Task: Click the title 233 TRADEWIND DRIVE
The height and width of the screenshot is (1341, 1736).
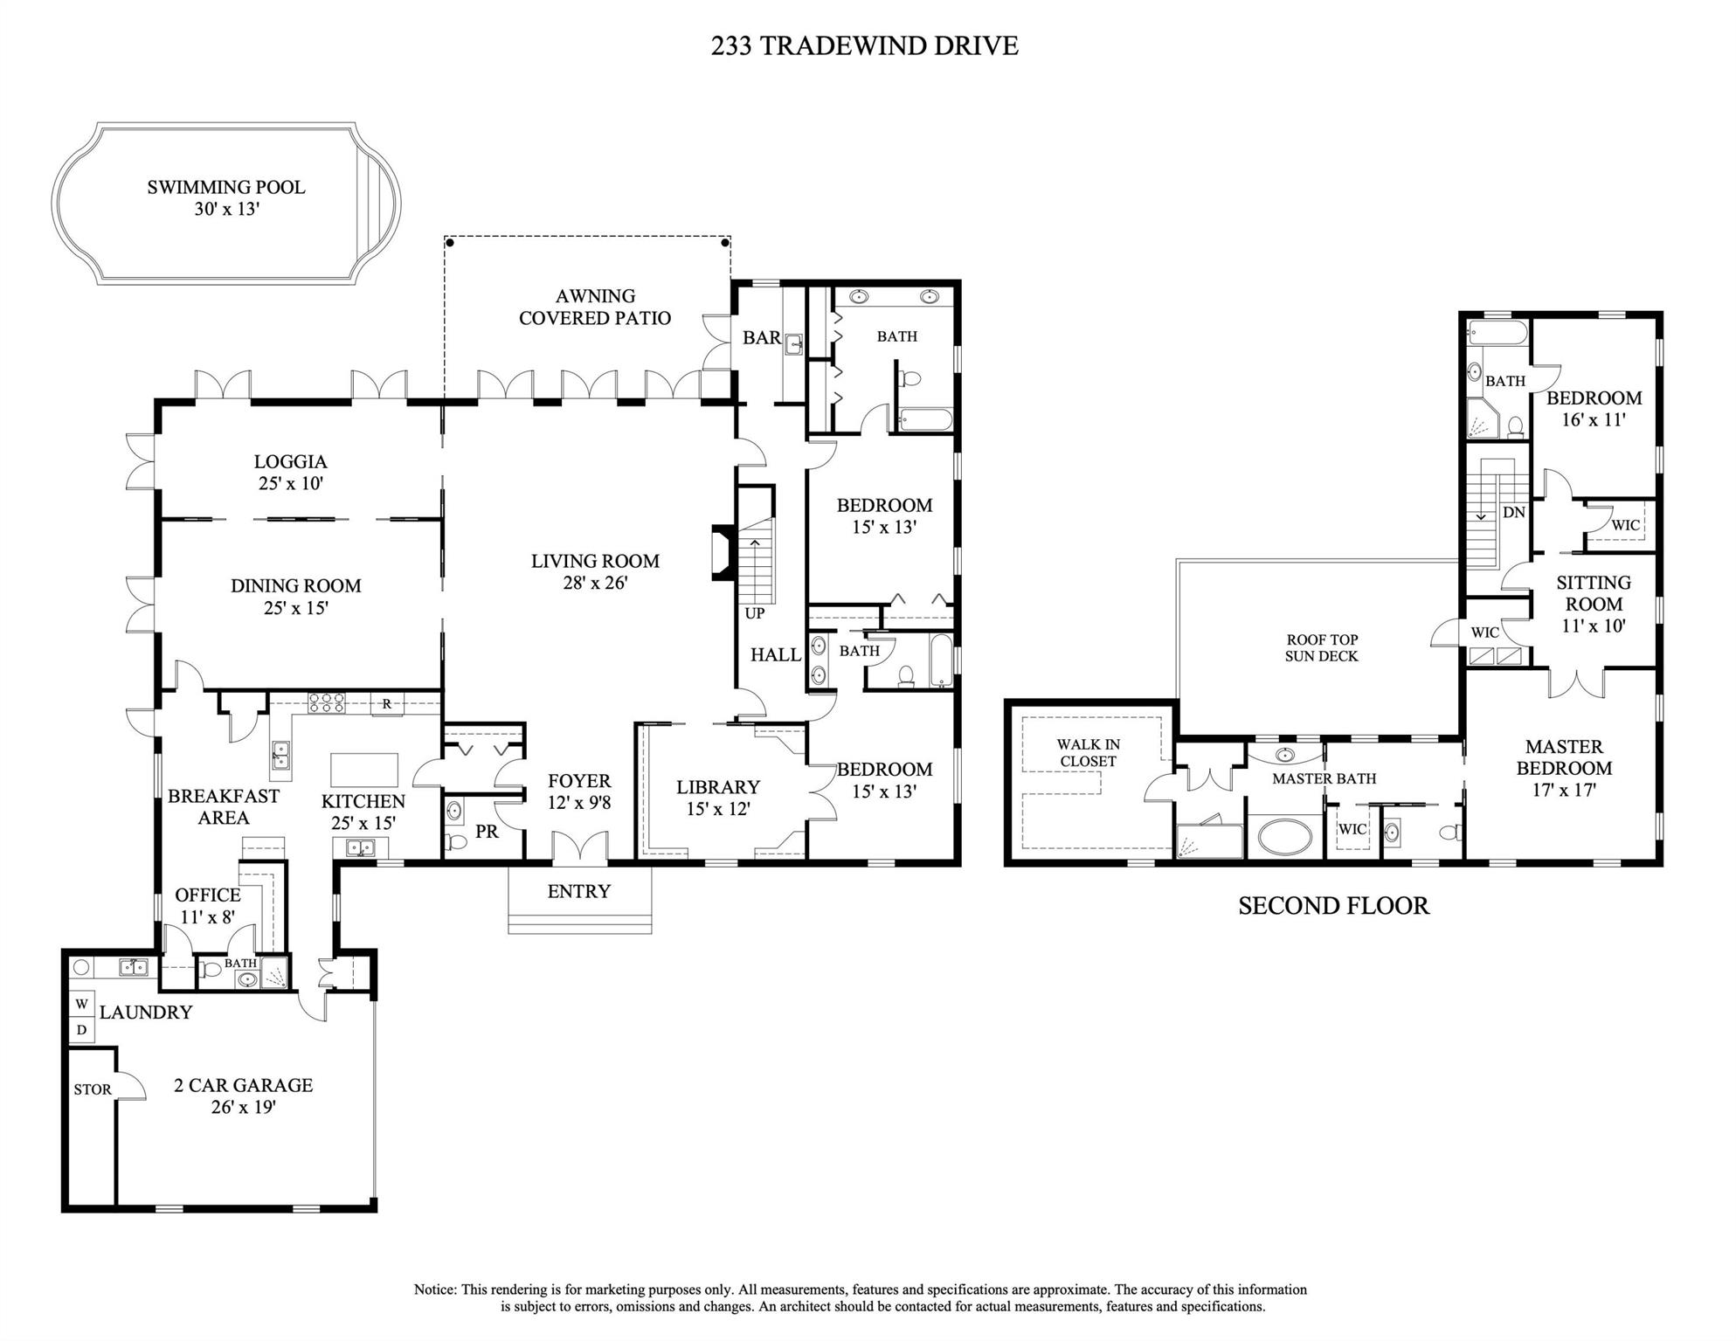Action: [864, 45]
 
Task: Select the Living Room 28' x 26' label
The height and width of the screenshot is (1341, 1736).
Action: [595, 571]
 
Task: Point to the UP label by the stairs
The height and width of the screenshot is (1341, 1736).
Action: [755, 613]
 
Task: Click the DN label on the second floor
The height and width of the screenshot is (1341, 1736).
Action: [1514, 513]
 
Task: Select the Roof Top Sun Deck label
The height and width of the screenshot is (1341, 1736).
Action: [1321, 647]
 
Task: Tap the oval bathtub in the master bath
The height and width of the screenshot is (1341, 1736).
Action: [1284, 836]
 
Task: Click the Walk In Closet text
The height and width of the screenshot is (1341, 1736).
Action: [1088, 752]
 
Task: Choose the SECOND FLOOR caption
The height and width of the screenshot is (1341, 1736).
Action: [1333, 906]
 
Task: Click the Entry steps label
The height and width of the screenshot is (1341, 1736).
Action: [578, 891]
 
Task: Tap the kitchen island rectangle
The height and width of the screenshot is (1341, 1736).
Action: [364, 770]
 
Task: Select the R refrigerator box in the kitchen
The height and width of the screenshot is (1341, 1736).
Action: [386, 703]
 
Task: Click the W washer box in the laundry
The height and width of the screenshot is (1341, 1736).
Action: [81, 1004]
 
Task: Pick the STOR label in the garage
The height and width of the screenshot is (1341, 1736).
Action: [93, 1089]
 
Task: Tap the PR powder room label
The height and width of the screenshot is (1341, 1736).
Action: [487, 832]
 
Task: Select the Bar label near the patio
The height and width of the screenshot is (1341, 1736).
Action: [761, 338]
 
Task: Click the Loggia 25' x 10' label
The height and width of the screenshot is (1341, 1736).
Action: [291, 472]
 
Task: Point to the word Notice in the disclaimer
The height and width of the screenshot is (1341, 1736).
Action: [434, 1289]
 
